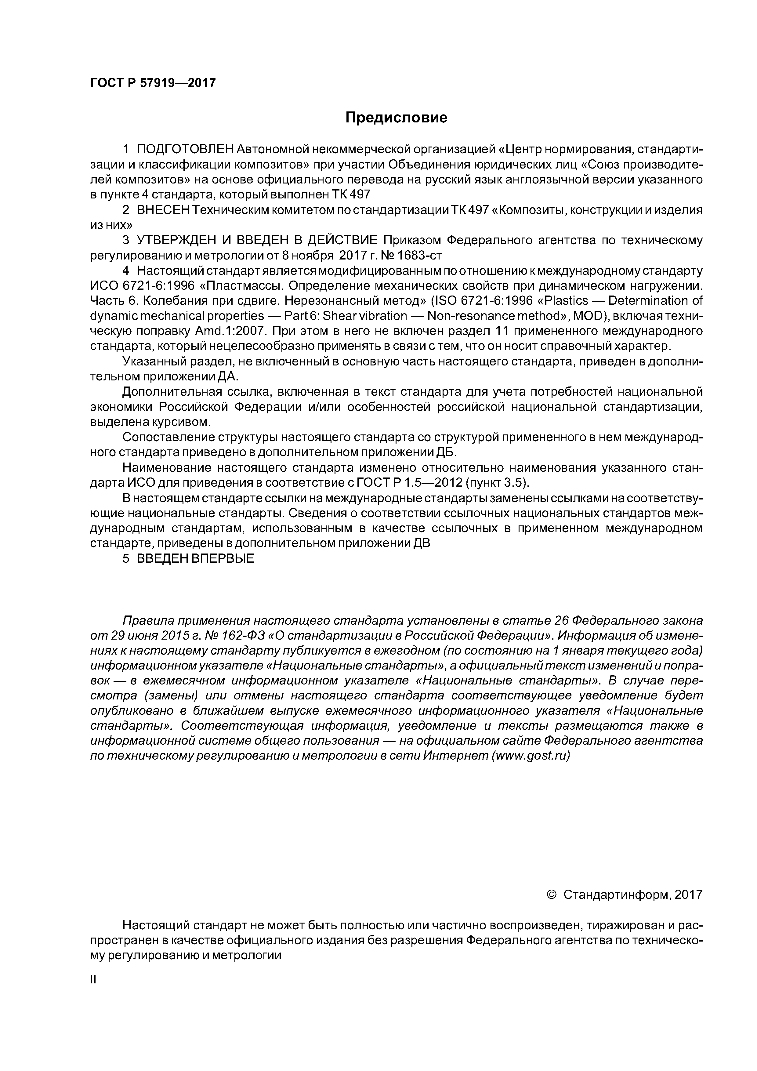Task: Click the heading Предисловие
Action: tap(396, 118)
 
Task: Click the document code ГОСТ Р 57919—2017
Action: tap(153, 83)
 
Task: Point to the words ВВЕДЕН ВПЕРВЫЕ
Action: tap(195, 558)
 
